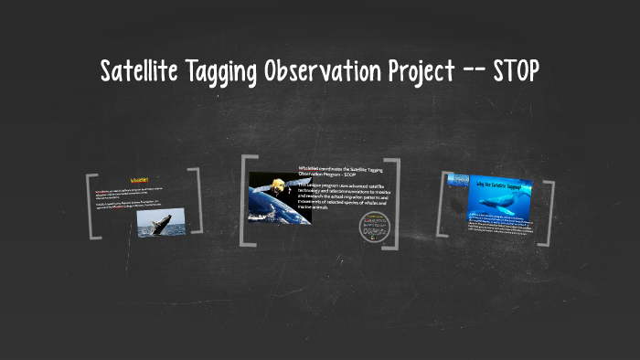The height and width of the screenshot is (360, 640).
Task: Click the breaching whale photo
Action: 161,222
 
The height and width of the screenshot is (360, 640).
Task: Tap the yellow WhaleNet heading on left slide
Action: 144,180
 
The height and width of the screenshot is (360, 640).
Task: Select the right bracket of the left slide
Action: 197,203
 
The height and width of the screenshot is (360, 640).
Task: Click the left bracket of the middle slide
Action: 245,201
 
